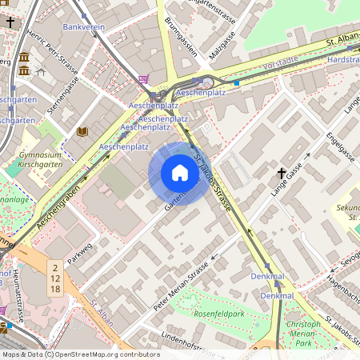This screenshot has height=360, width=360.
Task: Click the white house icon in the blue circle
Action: pos(179,173)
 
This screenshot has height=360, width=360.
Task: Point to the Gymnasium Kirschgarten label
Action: pos(40,161)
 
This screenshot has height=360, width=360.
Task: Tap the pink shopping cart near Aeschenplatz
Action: pos(144,78)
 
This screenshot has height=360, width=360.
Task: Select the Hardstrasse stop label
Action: pos(343,59)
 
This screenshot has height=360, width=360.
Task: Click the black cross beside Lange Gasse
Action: pos(282,172)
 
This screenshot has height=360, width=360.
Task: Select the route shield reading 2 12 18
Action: pos(54,276)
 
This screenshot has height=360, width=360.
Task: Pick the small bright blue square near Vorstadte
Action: pos(237,82)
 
